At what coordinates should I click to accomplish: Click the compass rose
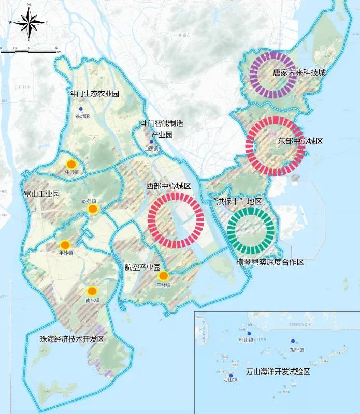point(29,22)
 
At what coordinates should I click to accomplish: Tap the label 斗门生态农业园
point(95,94)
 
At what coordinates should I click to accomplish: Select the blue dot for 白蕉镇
point(151,142)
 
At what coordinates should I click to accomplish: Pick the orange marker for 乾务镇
point(93,209)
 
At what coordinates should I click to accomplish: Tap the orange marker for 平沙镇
point(65,245)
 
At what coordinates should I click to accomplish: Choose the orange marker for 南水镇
point(92,291)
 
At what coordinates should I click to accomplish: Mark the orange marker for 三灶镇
point(163,275)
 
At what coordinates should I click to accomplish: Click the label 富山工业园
point(42,195)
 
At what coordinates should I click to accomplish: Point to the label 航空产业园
point(142,268)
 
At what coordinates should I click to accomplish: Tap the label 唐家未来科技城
point(299,73)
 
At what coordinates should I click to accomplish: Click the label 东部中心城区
point(300,140)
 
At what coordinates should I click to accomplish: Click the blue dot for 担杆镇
point(293,341)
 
